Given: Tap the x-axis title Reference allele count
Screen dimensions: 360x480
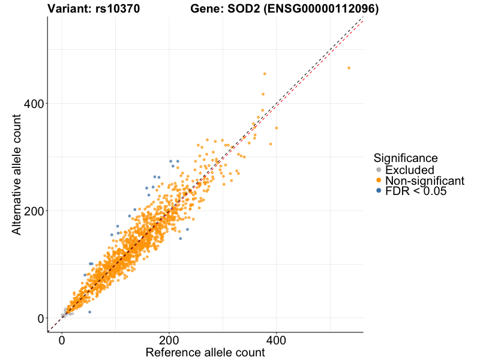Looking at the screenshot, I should pos(205,353).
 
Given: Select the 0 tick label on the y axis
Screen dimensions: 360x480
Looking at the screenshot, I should pos(37,318).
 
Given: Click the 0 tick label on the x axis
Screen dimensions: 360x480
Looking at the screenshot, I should pos(62,340).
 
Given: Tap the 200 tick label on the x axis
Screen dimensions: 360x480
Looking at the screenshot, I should pos(169,340).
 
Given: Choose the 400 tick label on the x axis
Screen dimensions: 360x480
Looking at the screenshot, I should pos(276,340).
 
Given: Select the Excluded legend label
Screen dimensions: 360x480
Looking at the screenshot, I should pos(409,170).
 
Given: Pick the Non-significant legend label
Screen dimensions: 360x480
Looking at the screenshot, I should pos(425,181).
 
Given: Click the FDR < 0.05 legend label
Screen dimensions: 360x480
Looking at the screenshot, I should pos(416,191).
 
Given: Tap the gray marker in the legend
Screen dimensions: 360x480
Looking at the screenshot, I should pos(379,170).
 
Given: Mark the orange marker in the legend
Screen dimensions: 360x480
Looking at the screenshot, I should pos(379,181).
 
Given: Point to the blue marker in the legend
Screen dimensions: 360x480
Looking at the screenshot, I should pos(379,191).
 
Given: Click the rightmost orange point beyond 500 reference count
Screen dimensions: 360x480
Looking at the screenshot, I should pos(349,68).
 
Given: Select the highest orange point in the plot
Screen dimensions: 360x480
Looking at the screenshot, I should pos(349,68).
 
